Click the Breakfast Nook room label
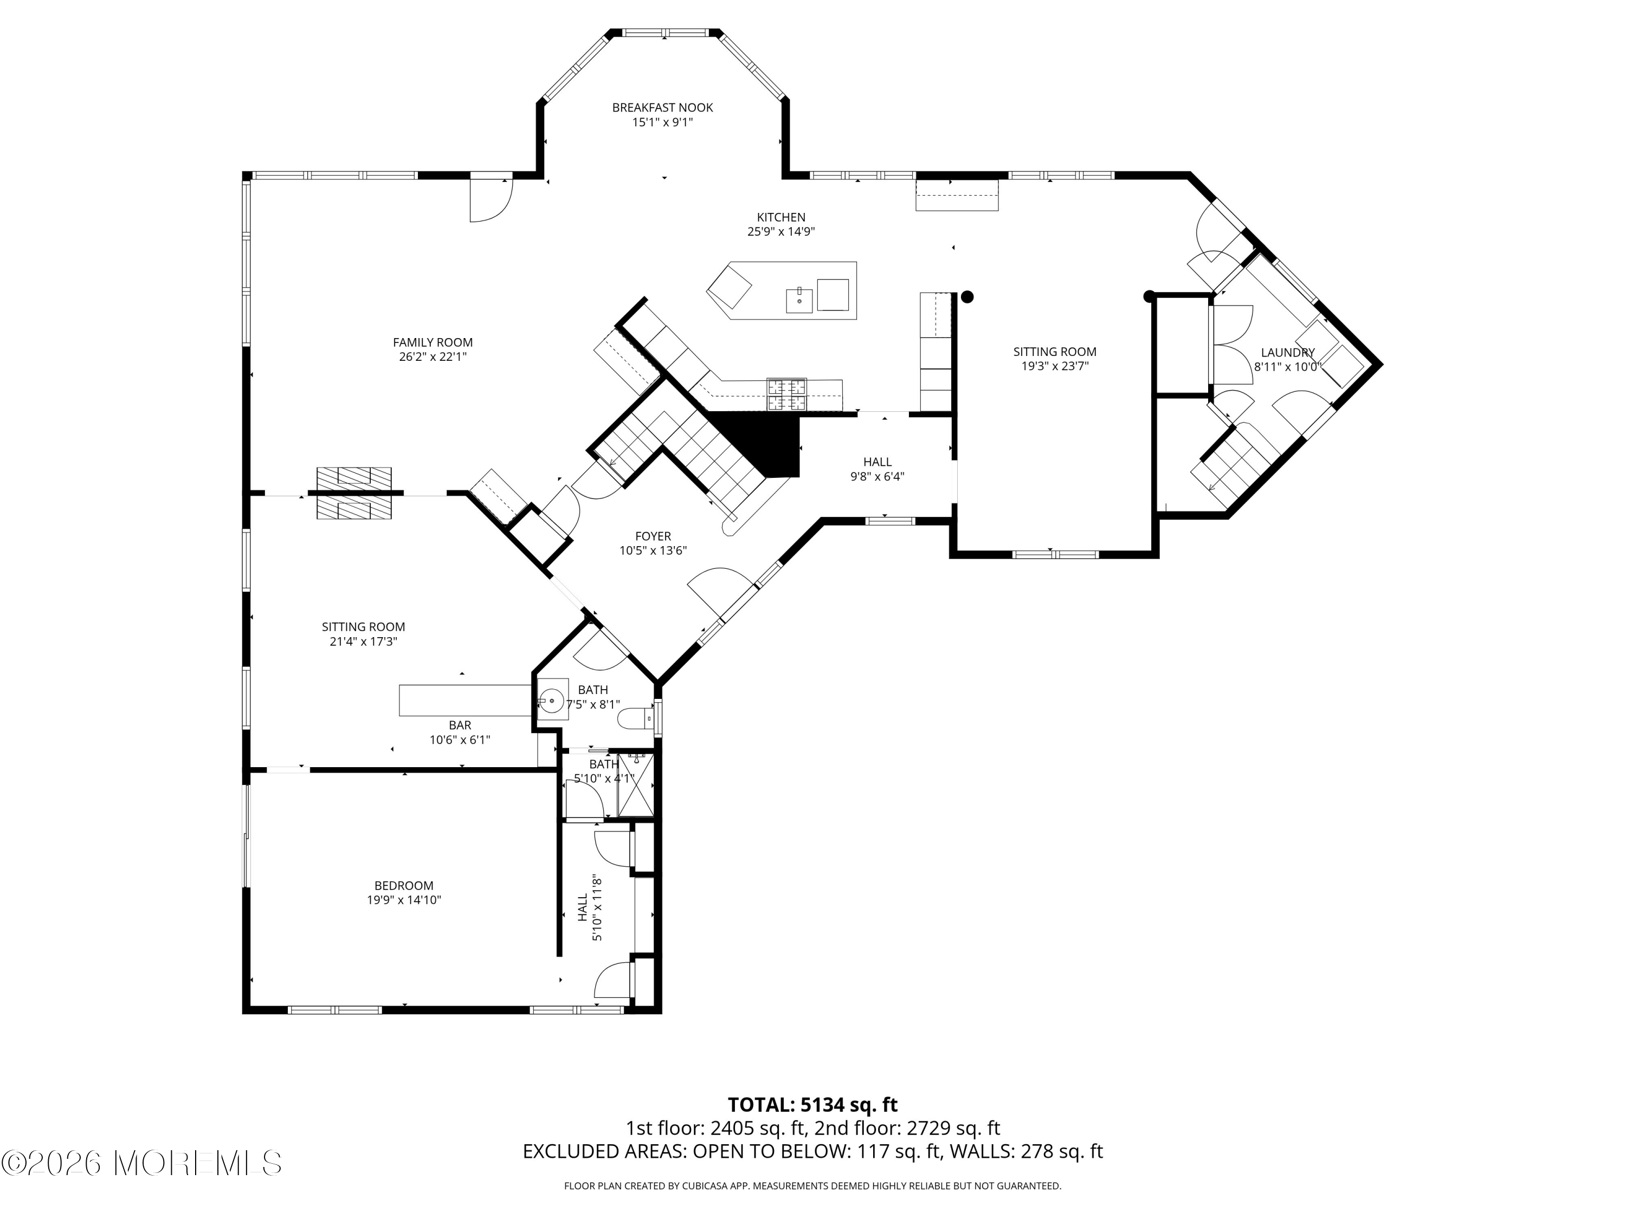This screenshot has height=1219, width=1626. point(662,108)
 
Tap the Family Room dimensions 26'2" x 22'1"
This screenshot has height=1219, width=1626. point(433,357)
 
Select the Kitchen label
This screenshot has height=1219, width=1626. point(782,217)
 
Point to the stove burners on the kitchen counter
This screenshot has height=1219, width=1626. point(786,394)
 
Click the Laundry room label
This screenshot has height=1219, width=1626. point(1288,353)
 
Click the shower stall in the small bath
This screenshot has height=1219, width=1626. point(636,784)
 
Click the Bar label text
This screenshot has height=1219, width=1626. point(460,725)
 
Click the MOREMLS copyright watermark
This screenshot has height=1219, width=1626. point(142,1163)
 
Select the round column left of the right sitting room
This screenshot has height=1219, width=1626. point(968,297)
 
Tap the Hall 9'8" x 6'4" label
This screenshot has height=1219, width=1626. point(877,469)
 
